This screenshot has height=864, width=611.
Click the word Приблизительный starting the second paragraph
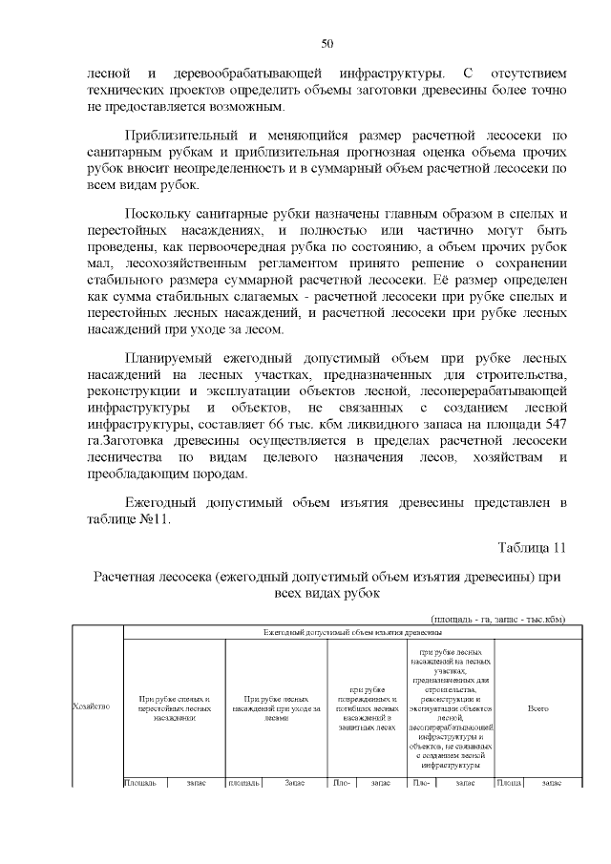tap(186, 136)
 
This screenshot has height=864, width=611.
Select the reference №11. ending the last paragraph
tap(152, 519)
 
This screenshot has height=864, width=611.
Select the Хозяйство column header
tap(91, 706)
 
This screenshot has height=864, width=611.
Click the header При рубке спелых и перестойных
tap(174, 706)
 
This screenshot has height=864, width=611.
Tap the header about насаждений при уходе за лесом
tap(275, 706)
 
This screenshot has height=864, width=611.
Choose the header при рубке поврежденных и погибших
tap(367, 706)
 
